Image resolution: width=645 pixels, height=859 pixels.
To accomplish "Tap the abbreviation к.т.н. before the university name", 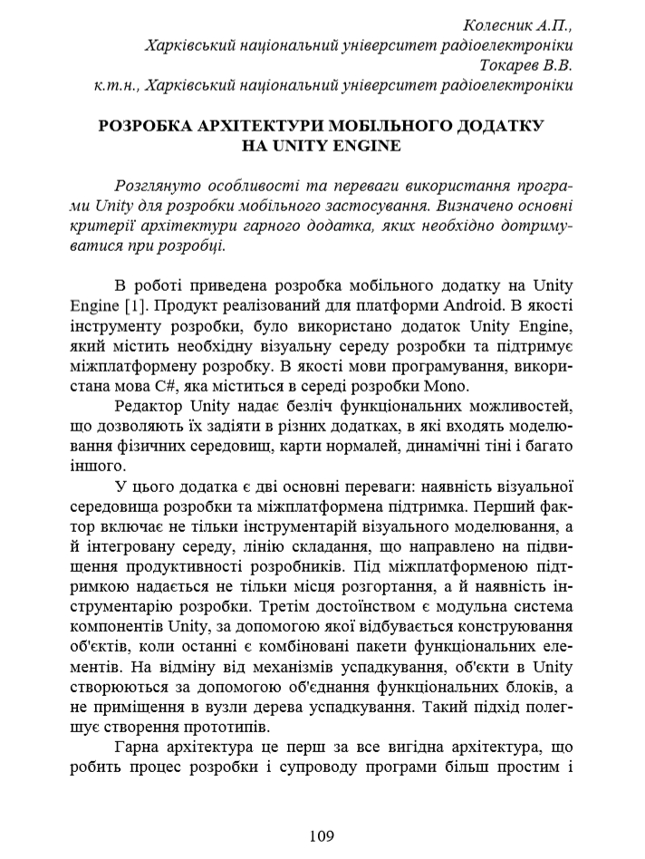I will click(x=114, y=86).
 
